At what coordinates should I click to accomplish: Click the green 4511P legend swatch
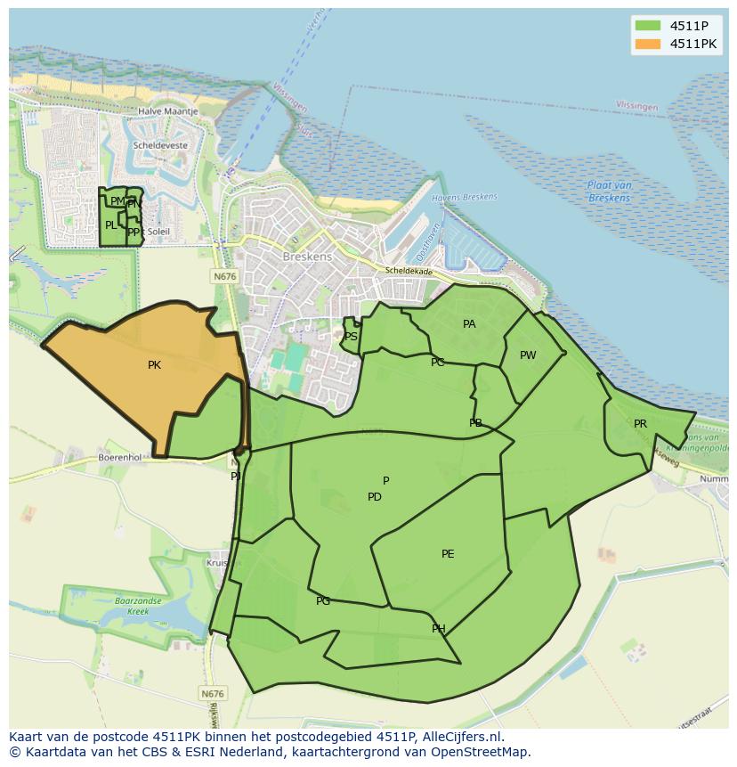[647, 25]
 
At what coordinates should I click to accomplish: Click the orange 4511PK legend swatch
[647, 44]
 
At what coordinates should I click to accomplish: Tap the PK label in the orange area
[154, 365]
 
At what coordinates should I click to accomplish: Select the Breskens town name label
[306, 257]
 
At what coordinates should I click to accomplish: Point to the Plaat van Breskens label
[610, 191]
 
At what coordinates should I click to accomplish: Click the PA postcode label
[469, 324]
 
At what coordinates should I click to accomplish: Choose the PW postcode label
[528, 355]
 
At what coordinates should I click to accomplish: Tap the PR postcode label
[640, 424]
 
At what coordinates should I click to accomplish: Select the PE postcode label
[448, 554]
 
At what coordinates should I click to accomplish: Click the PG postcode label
[323, 601]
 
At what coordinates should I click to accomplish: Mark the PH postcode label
[438, 629]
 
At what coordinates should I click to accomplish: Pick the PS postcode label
[351, 337]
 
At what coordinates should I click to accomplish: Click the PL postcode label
[110, 225]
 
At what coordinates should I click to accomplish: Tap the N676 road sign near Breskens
[224, 277]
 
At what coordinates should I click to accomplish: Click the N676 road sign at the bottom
[212, 694]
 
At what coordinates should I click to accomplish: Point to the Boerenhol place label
[120, 457]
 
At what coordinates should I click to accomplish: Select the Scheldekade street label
[409, 271]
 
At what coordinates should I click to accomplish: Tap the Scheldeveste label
[159, 144]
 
